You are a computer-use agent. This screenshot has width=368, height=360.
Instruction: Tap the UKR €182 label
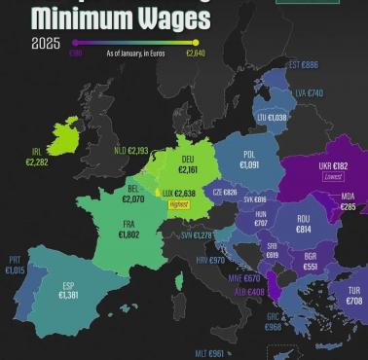(x=333, y=166)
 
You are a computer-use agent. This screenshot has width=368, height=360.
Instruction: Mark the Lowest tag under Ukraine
(x=333, y=179)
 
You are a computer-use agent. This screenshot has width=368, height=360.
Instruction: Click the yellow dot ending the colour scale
(x=197, y=42)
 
